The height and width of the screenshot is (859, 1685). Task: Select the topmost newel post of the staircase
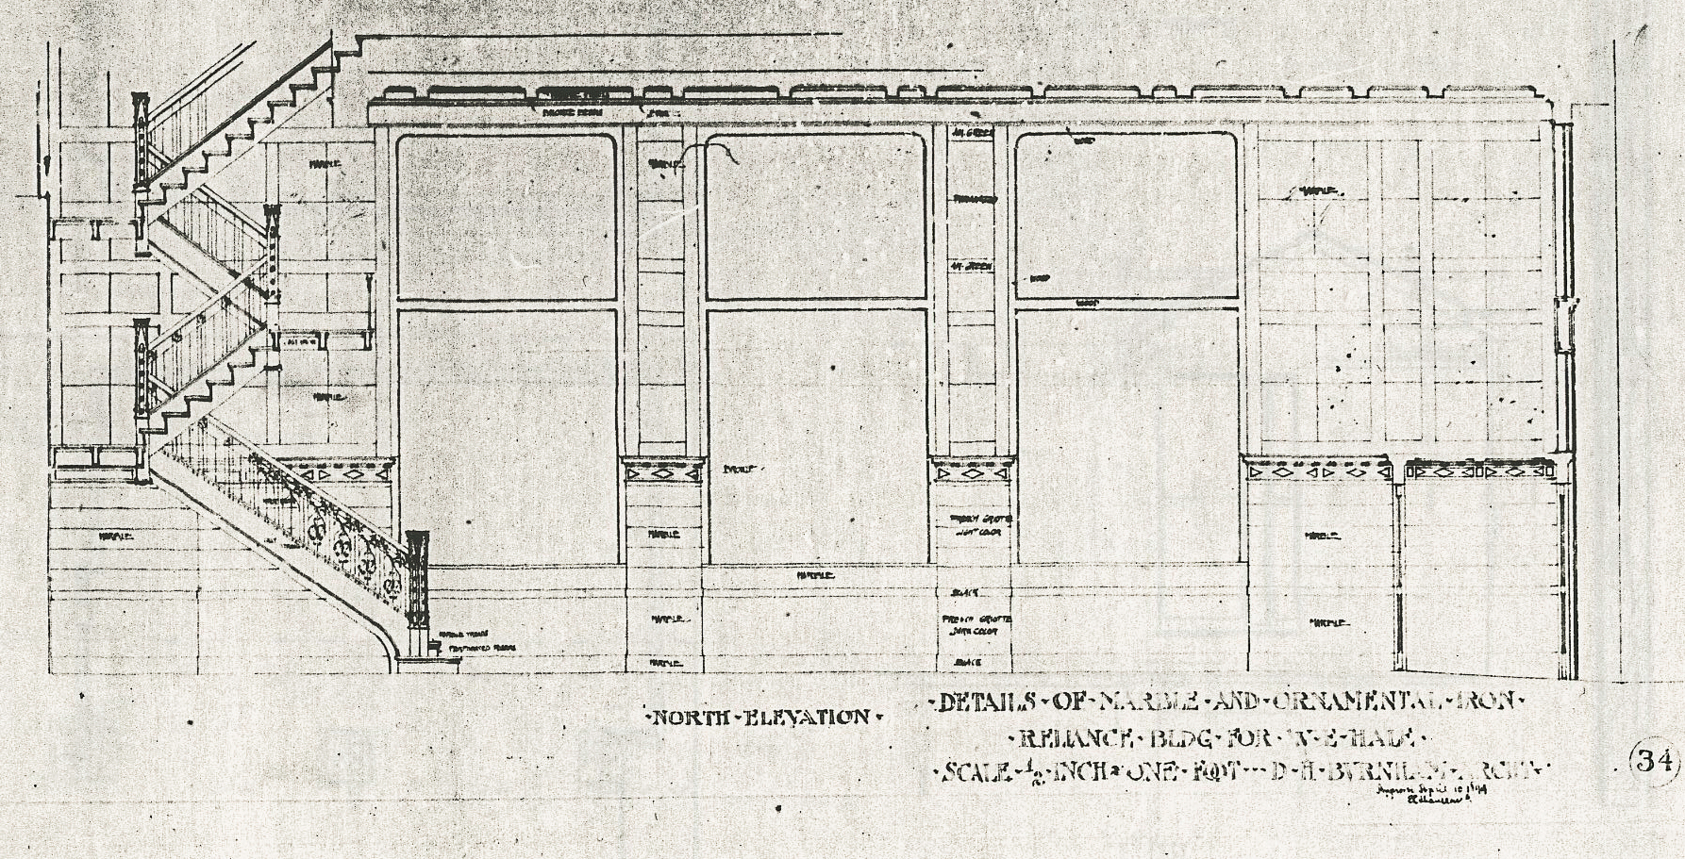coord(141,141)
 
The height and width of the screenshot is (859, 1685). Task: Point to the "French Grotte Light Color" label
coord(975,526)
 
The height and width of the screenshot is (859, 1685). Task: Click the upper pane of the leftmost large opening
coord(507,217)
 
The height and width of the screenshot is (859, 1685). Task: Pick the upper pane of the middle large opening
coord(815,217)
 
